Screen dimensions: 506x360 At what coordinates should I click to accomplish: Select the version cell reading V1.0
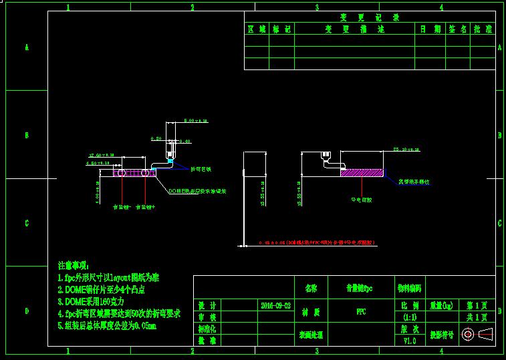409,340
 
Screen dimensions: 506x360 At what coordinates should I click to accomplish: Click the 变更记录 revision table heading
369,17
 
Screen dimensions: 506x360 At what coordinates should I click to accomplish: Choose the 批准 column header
483,29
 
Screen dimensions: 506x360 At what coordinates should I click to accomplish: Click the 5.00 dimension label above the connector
196,121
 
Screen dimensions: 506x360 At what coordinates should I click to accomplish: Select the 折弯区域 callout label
201,169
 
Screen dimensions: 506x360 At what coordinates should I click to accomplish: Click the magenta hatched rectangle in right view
362,173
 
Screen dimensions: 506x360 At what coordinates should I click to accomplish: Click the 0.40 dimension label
184,141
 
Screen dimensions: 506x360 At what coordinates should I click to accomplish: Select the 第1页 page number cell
477,305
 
